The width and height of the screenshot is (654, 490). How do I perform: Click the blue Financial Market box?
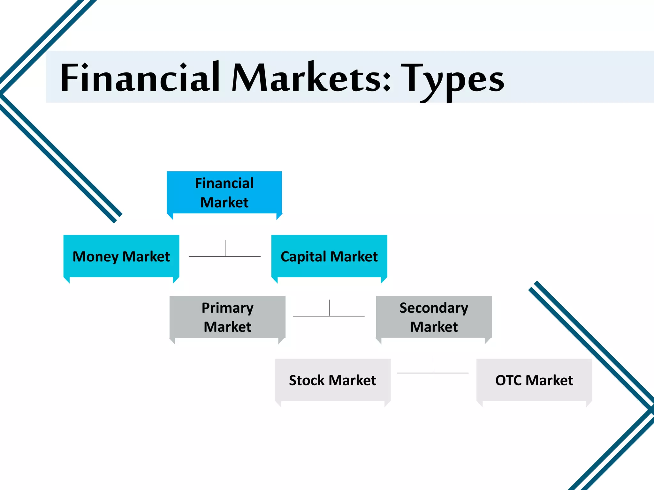[224, 192]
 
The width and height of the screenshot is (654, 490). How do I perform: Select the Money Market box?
[121, 256]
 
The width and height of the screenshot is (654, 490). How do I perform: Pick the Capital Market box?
[329, 256]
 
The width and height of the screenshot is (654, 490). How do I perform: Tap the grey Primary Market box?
[227, 317]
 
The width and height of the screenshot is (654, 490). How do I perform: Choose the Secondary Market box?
[434, 317]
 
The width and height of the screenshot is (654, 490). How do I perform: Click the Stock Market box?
[332, 380]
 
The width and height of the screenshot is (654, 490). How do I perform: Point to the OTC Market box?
[534, 380]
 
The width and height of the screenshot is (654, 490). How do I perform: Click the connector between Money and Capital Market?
[225, 256]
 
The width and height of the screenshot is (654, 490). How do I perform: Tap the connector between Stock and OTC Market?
[433, 372]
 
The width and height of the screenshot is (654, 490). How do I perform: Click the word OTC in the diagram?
[508, 380]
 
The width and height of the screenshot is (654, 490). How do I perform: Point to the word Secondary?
[434, 308]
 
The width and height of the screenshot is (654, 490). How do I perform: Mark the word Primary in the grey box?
[227, 308]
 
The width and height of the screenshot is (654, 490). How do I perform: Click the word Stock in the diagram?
[307, 380]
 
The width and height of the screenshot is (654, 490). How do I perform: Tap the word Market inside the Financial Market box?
[224, 203]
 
